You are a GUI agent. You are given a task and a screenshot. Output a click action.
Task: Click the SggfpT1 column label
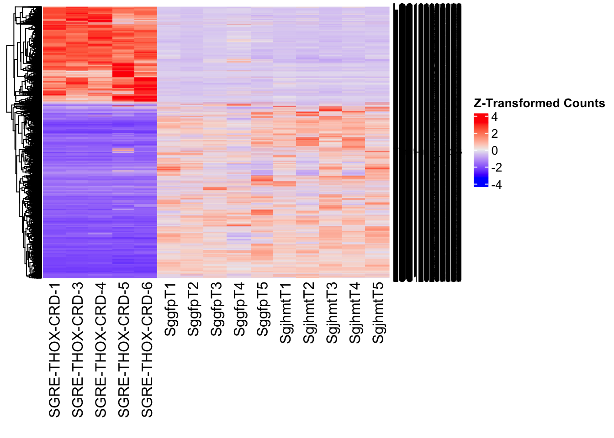170,309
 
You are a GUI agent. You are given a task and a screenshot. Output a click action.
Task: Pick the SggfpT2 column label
193,309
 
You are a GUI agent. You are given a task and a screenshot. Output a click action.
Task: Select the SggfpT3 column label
216,309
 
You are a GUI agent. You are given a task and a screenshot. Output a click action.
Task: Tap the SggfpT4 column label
239,309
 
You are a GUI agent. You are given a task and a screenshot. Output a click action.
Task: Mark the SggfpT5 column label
262,309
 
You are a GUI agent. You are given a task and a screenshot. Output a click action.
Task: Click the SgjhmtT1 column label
286,313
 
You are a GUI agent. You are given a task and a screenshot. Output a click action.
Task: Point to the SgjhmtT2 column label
309,313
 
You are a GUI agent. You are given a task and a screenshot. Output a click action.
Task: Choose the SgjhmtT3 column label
332,313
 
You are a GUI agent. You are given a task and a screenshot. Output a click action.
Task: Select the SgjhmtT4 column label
355,313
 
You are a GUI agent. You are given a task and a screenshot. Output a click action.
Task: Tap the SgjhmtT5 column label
378,313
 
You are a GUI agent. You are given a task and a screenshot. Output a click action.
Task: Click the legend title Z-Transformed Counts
539,104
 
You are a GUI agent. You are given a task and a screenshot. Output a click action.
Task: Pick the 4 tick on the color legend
494,117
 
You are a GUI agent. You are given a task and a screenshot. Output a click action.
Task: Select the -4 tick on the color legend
496,185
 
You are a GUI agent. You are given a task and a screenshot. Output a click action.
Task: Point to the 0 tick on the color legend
494,151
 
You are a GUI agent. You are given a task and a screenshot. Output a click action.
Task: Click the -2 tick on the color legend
496,168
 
